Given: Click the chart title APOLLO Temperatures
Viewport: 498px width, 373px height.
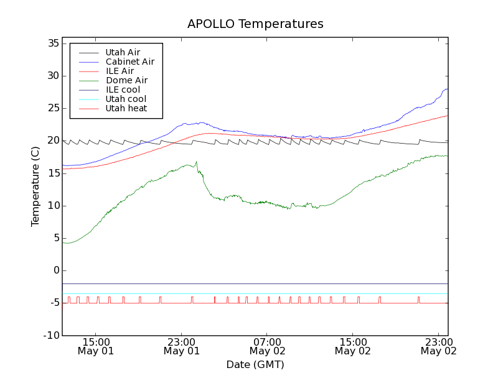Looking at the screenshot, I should (255, 24).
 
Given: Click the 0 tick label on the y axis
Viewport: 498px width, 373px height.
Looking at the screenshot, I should (56, 270).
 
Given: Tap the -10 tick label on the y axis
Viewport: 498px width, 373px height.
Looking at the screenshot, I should (52, 336).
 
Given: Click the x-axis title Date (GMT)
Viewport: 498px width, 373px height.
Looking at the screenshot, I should (255, 364).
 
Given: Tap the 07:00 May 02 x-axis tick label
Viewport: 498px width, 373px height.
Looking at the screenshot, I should (267, 346).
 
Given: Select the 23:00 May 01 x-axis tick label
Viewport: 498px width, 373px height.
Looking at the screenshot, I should (181, 346).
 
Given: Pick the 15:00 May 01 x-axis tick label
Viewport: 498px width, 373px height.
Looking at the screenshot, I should (96, 346).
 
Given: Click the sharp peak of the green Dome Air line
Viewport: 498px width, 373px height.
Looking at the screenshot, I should (197, 162).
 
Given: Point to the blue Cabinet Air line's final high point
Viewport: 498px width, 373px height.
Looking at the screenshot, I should (446, 89).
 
